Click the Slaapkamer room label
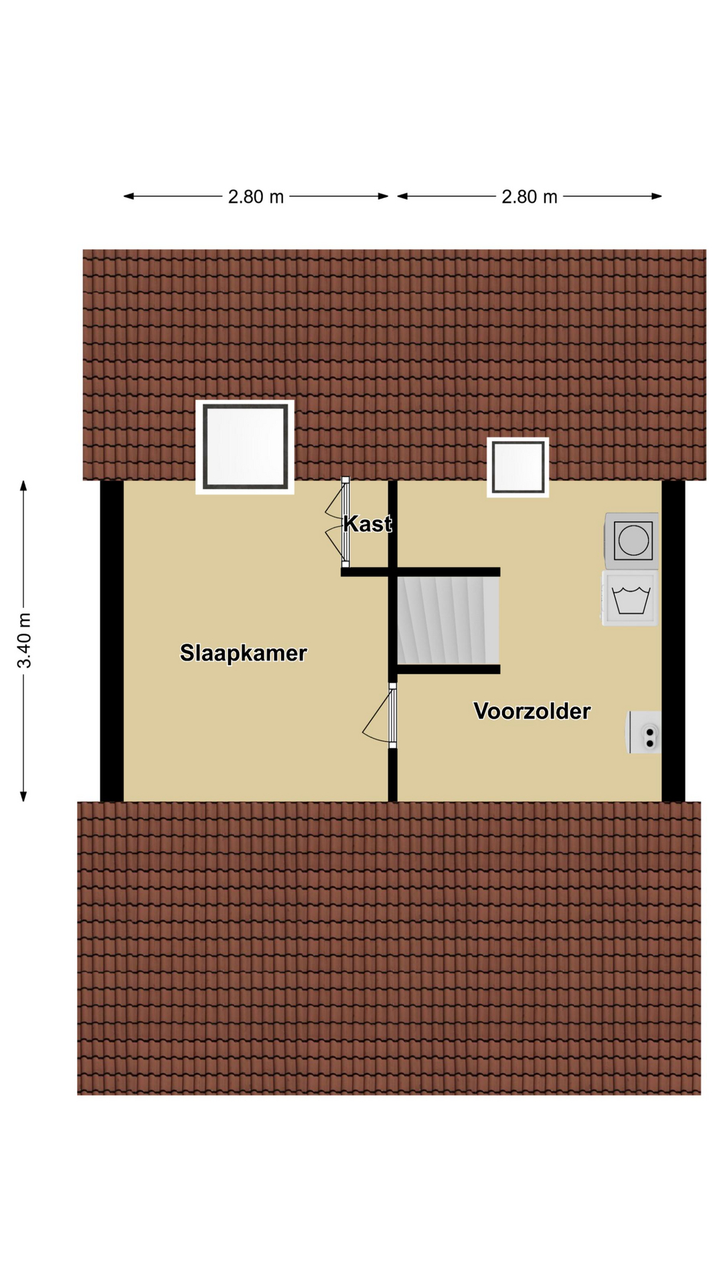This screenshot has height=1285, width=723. (x=243, y=653)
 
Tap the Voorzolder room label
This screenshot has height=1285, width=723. (x=532, y=711)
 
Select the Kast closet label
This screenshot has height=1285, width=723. (x=368, y=523)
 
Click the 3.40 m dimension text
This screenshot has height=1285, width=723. (x=24, y=640)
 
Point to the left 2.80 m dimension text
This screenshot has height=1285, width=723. (x=256, y=197)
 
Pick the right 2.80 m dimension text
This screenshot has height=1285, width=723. (x=530, y=197)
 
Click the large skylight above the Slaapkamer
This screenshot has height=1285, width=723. (x=245, y=447)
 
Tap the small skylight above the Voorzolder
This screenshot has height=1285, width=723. (x=517, y=467)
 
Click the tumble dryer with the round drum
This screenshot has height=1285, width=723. (x=631, y=541)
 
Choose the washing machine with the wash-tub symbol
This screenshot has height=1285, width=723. (x=630, y=598)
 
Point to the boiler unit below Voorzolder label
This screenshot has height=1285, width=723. (x=643, y=732)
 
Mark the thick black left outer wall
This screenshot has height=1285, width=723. (x=112, y=640)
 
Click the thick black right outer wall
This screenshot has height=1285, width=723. (x=673, y=640)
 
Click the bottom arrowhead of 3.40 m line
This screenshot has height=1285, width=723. (x=23, y=796)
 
